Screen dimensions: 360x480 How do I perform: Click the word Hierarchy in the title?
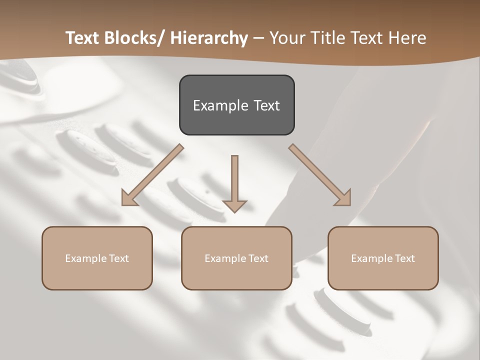coord(209,38)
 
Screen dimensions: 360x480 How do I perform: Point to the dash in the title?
coord(258,38)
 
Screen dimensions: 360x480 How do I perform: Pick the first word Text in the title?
coord(83,38)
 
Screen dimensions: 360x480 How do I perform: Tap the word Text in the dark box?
coord(266,105)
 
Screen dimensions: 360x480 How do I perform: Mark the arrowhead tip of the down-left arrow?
coord(122,205)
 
